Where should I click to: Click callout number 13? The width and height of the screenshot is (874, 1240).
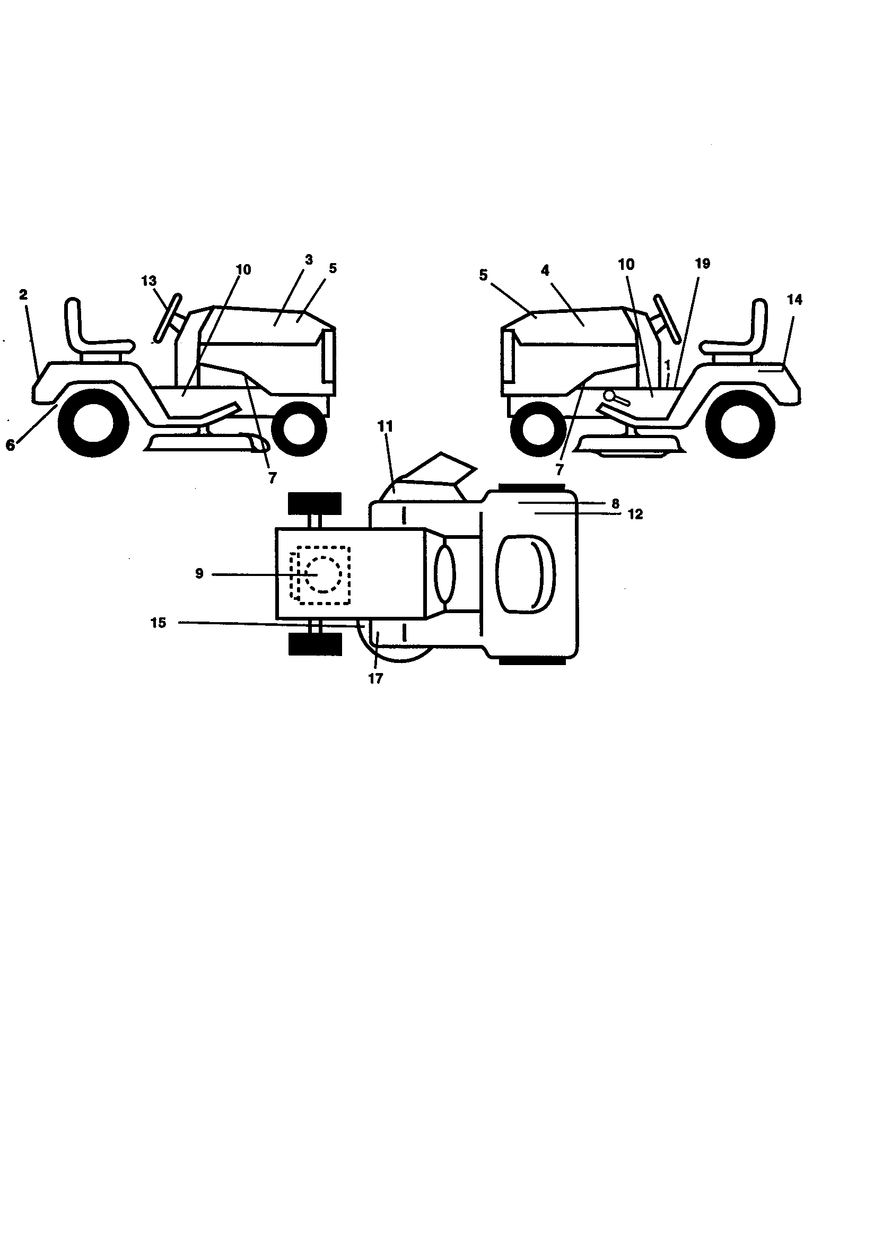[x=148, y=281]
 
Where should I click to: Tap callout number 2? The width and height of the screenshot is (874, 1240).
[x=23, y=294]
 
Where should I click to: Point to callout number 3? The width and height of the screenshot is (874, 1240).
[x=309, y=260]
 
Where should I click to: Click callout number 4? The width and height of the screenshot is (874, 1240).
[x=545, y=270]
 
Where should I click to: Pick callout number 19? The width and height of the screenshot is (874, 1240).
[x=702, y=264]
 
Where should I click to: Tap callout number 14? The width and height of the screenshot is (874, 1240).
[x=794, y=299]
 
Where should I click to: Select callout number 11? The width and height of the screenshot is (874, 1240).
[x=385, y=426]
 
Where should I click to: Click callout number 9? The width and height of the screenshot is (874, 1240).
[x=199, y=573]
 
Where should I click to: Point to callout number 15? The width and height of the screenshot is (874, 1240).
[x=158, y=623]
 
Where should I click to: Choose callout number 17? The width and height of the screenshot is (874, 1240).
[x=375, y=679]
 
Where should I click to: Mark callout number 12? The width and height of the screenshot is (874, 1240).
[x=636, y=514]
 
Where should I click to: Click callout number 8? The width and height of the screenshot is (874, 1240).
[x=615, y=503]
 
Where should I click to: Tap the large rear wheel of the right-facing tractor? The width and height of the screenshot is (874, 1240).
[x=92, y=421]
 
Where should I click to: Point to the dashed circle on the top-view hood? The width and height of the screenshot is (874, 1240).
[x=322, y=574]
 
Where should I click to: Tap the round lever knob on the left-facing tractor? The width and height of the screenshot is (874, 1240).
[x=610, y=395]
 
